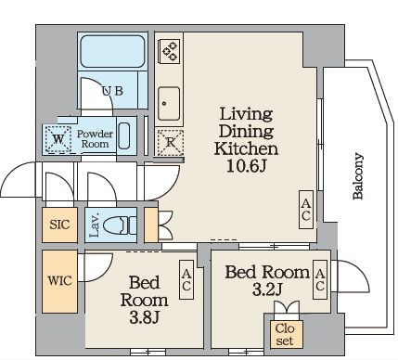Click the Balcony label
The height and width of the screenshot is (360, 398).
click(358, 176)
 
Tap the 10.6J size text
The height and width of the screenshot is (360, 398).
click(246, 166)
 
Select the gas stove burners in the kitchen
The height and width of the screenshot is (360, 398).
click(170, 51)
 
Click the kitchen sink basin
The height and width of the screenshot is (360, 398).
click(169, 104)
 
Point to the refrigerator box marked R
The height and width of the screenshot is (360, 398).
click(170, 143)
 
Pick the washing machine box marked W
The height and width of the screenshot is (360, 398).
click(58, 139)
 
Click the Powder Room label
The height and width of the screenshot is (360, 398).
click(95, 139)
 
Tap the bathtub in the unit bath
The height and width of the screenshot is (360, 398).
click(112, 52)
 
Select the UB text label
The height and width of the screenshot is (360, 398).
click(112, 91)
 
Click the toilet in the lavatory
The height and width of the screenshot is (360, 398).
click(120, 225)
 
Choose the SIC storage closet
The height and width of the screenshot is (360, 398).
click(59, 225)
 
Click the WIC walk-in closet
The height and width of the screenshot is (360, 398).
click(59, 281)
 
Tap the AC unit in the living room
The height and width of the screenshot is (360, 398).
click(306, 210)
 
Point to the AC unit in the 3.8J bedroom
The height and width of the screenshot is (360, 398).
click(186, 279)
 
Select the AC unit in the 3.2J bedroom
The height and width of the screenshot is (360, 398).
click(320, 279)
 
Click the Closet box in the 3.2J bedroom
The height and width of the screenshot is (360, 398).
click(285, 334)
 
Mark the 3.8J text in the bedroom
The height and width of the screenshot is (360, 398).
click(144, 317)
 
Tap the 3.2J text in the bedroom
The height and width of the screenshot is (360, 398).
click(267, 290)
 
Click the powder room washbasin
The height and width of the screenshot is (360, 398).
click(124, 135)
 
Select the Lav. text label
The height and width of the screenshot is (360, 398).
click(95, 225)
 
